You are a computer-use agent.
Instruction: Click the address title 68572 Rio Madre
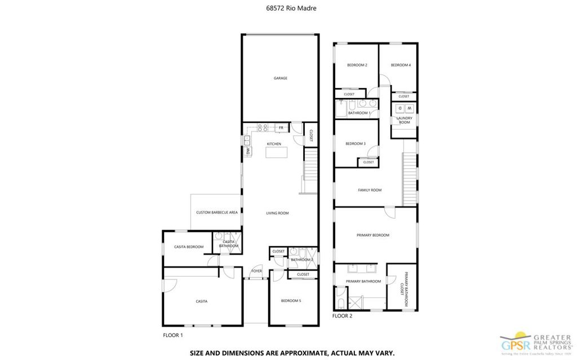(288, 8)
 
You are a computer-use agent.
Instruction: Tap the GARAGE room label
(281, 78)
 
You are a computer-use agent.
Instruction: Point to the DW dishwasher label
(247, 151)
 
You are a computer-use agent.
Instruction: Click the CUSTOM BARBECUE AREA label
(216, 212)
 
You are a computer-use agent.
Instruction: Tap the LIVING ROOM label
(277, 213)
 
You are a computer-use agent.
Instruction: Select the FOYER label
(257, 270)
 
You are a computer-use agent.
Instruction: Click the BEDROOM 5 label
(291, 301)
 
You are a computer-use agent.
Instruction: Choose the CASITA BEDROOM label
(189, 247)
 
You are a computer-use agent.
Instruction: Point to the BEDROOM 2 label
(357, 65)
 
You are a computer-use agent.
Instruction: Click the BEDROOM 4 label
(401, 65)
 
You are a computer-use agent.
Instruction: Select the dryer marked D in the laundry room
(400, 108)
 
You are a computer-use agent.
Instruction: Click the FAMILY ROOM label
(370, 190)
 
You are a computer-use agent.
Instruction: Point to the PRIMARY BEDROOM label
(373, 235)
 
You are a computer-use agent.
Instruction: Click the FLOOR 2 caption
(342, 316)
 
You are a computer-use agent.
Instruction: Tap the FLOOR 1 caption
(173, 335)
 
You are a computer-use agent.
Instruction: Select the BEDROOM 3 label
(356, 144)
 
